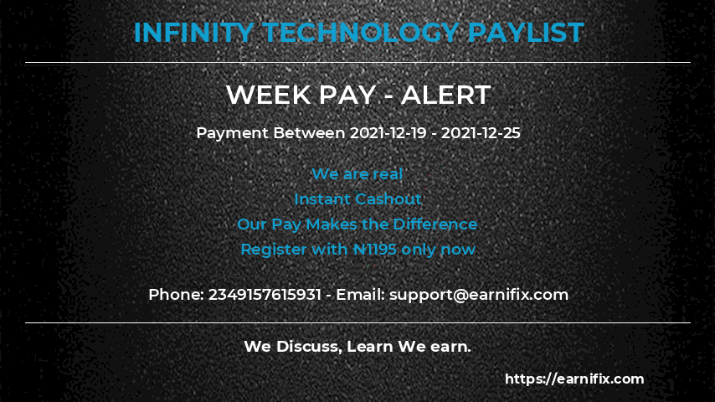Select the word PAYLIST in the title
525,33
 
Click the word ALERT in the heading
445,95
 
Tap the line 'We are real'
357,174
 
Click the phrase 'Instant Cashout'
357,199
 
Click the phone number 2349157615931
265,295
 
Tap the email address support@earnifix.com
479,295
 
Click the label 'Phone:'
176,295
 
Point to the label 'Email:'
360,295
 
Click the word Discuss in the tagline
305,346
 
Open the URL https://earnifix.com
574,379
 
